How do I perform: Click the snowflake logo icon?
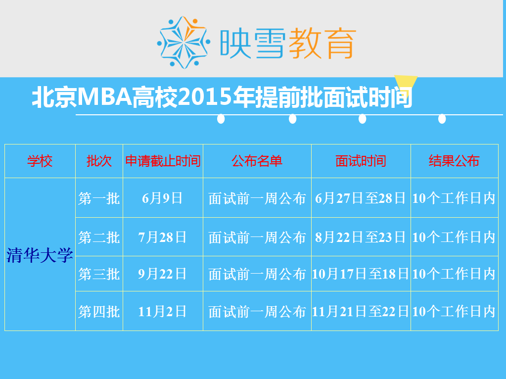[x=184, y=42]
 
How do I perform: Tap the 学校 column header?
[x=40, y=161]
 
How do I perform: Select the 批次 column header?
[x=99, y=161]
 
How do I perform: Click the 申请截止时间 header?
[x=163, y=161]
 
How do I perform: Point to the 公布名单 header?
[x=257, y=161]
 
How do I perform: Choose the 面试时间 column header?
[x=361, y=161]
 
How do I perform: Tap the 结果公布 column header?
[x=454, y=161]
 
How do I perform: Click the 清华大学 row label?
[x=40, y=255]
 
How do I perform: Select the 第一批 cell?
[x=99, y=198]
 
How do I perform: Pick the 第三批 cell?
[x=99, y=274]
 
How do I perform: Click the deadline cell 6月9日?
[x=162, y=198]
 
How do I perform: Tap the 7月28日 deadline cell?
[x=162, y=237]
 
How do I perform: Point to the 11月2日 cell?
[x=162, y=312]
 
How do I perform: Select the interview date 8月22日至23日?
[x=361, y=237]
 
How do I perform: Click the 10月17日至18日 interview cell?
[x=361, y=274]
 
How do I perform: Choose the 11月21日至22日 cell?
[x=361, y=312]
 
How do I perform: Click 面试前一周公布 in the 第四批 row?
[x=257, y=312]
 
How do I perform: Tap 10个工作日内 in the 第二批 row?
[x=454, y=237]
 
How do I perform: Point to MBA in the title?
[x=105, y=97]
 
